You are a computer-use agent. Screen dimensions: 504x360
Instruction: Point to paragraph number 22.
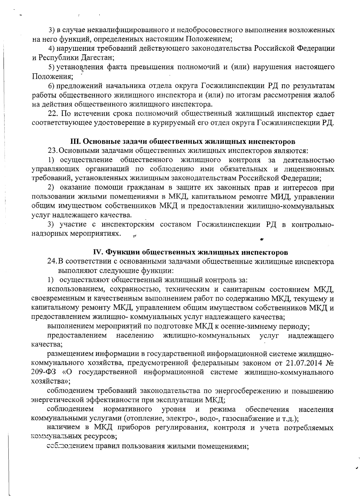coord(52,114)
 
